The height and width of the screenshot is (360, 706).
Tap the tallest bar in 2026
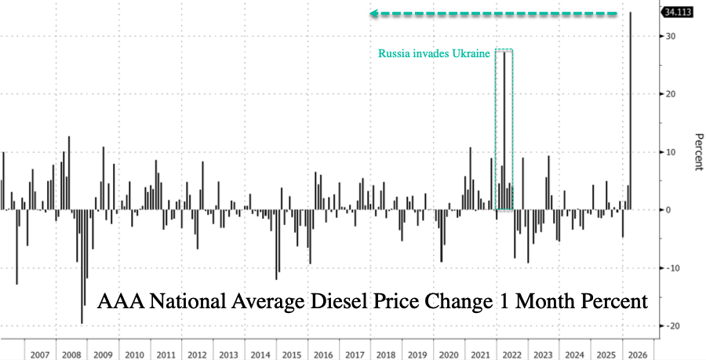point(630,111)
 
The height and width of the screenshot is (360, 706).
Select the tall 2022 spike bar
point(504,131)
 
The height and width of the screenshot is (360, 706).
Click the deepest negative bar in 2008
point(82,267)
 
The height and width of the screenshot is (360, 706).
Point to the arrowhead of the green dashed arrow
point(373,13)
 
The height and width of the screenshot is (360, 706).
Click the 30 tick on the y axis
point(670,36)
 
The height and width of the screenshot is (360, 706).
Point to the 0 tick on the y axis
point(668,209)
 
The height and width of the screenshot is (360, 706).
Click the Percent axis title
point(698,152)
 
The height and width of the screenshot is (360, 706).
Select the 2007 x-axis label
point(40,355)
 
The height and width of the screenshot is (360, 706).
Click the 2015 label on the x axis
point(293,355)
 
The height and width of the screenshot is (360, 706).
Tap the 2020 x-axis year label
point(449,355)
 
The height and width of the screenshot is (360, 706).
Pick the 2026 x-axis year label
point(638,355)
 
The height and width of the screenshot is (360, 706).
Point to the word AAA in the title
point(120,301)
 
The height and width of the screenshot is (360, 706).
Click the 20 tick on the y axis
point(670,93)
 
